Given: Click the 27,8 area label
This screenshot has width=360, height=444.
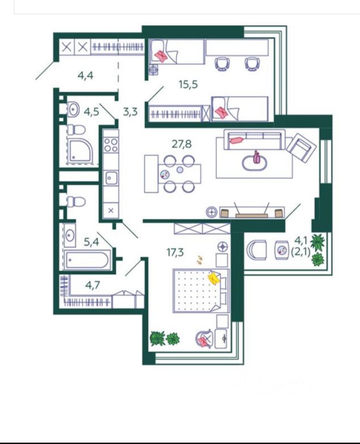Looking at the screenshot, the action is point(181,143).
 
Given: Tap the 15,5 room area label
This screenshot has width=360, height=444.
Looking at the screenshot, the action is point(188,84).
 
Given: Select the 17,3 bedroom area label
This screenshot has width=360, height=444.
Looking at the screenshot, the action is point(176,253).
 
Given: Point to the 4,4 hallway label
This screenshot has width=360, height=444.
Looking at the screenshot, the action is point(85,75).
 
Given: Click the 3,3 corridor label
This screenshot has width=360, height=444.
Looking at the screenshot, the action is point(130,111).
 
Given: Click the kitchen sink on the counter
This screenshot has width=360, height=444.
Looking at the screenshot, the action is point(111,177).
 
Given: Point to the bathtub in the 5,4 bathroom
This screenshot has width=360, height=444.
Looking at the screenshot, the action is point(87,260).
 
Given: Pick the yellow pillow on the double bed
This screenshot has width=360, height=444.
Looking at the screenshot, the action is point(214,278).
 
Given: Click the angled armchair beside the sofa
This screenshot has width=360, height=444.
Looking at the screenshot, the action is point(301,148).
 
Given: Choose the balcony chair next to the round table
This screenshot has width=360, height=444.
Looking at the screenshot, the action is point(256,250).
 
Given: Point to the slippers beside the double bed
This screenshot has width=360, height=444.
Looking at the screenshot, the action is point(200,259).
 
